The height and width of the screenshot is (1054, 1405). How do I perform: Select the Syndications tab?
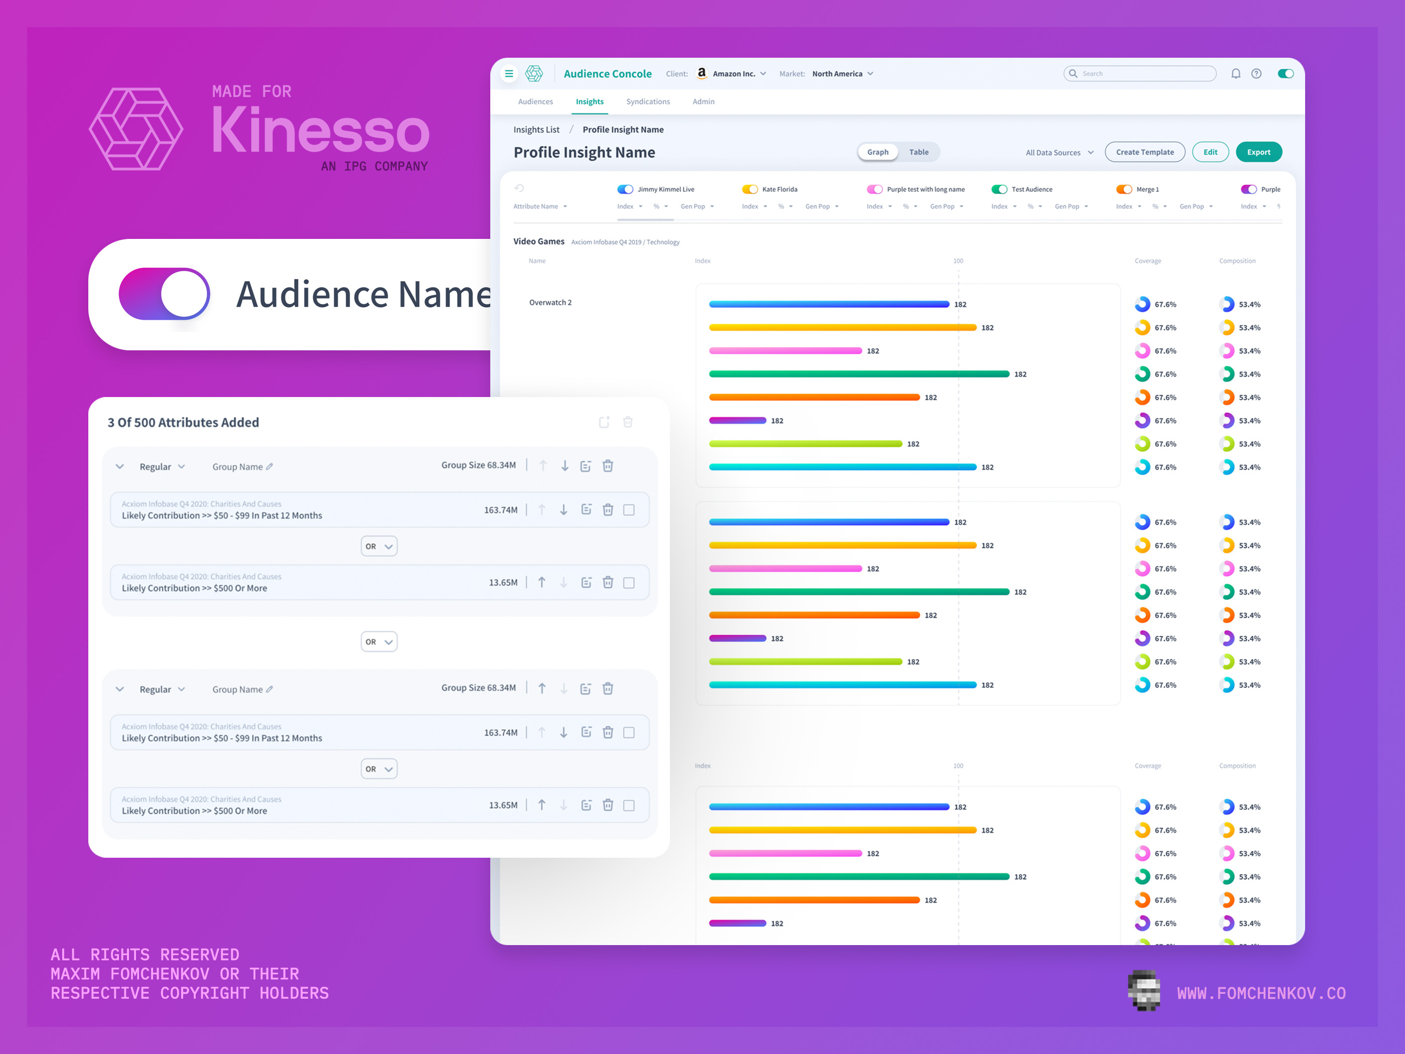point(647,102)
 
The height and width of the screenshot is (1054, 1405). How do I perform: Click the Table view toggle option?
point(918,152)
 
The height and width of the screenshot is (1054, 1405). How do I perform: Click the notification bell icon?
point(1235,74)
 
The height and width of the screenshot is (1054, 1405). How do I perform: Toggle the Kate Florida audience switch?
point(750,189)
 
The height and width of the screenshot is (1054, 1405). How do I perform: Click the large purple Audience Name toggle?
point(165,294)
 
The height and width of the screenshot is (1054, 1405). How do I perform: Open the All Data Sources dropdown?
point(1059,153)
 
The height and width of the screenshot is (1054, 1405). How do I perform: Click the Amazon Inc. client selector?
point(732,74)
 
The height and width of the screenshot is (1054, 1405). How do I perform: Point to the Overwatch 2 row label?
point(550,303)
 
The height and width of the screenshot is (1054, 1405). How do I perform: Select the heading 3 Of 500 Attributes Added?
point(183,423)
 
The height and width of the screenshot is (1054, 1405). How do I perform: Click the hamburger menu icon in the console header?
point(509,74)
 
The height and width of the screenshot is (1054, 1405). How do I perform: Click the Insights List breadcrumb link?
point(536,129)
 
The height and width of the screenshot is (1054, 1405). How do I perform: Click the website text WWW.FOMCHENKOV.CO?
point(1261,993)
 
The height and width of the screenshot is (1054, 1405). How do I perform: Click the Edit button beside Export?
point(1210,152)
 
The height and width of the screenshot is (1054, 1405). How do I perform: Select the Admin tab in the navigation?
point(703,102)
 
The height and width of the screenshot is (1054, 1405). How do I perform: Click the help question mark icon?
point(1256,74)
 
